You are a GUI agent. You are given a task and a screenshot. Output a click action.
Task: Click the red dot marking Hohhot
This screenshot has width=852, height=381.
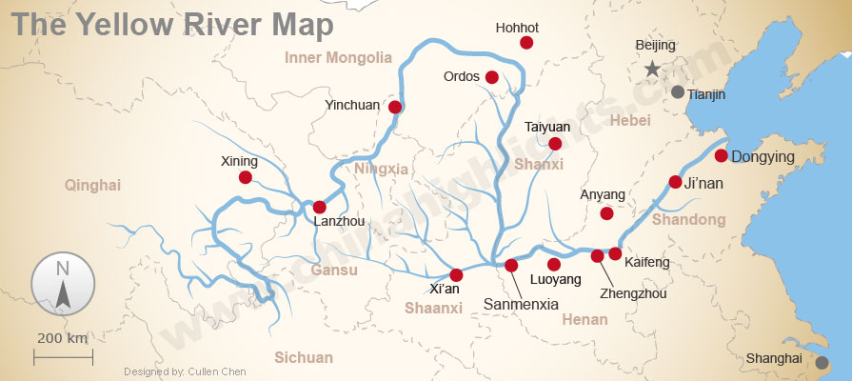[526, 43]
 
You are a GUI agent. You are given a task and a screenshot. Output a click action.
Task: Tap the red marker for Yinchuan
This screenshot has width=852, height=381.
[395, 107]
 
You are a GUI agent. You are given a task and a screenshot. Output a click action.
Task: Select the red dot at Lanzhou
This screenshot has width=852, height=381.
[320, 207]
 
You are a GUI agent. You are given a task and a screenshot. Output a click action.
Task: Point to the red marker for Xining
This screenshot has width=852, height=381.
[246, 177]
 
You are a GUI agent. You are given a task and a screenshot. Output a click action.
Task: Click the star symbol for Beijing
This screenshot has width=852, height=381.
[652, 69]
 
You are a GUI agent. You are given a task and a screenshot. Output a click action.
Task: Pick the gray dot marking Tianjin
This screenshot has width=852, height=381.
[677, 92]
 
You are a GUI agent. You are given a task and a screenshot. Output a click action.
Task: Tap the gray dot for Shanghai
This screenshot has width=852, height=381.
[822, 362]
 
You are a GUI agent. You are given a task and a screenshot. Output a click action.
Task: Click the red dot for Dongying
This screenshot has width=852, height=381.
[722, 155]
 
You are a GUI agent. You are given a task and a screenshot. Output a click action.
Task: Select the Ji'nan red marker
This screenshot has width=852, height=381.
[675, 182]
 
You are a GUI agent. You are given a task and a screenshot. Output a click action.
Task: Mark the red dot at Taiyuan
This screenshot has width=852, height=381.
[555, 144]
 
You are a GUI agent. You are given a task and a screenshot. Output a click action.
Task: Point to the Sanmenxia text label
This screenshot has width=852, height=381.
[521, 305]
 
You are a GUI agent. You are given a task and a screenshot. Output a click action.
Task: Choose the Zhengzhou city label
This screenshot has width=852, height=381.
[634, 293]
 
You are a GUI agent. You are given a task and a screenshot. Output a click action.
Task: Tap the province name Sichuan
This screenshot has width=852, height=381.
[304, 358]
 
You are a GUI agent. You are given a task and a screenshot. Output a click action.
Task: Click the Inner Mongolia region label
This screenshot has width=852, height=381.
[338, 58]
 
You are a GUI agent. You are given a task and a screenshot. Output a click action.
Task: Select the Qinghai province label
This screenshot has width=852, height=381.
[92, 185]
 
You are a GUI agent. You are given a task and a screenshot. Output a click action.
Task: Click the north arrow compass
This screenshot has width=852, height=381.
[63, 285]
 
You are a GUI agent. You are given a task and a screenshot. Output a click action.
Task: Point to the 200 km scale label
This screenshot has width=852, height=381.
[63, 338]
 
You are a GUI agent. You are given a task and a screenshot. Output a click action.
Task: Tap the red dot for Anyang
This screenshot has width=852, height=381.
[606, 213]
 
